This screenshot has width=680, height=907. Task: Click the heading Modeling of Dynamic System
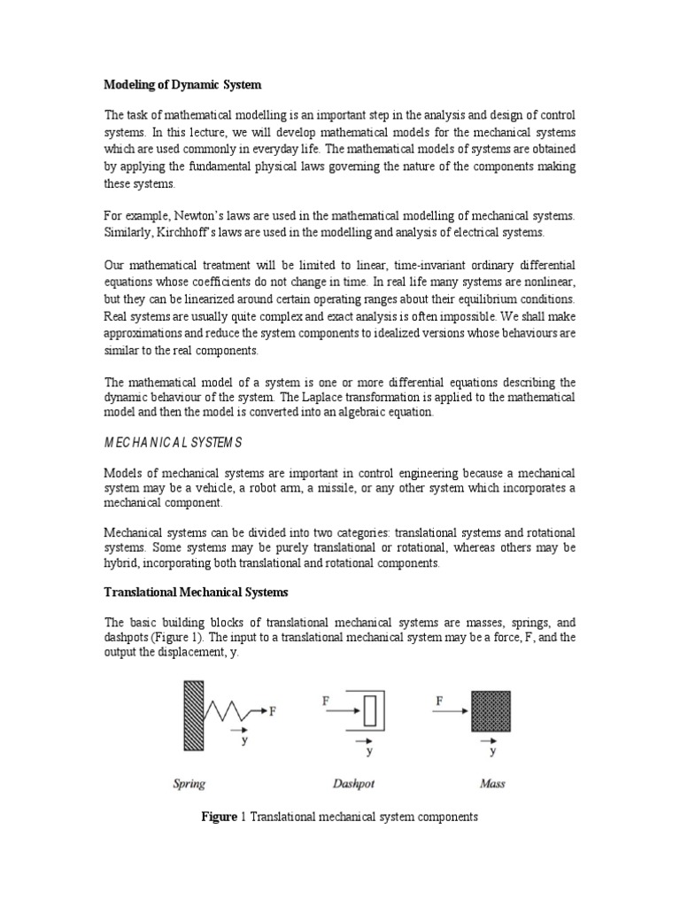(x=183, y=84)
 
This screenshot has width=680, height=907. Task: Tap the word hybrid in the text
(x=122, y=563)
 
